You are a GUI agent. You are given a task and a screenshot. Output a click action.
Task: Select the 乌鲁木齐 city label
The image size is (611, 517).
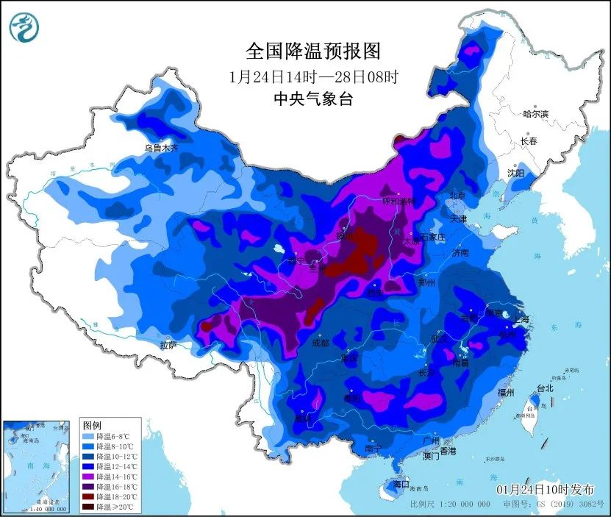click(161, 148)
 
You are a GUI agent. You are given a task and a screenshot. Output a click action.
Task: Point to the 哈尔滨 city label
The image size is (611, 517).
click(535, 114)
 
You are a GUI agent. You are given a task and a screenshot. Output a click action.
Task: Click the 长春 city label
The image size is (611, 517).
click(529, 140)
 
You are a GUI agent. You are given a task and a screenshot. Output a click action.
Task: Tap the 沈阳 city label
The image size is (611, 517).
click(515, 173)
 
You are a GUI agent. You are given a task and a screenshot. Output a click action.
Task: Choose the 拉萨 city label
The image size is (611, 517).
click(168, 345)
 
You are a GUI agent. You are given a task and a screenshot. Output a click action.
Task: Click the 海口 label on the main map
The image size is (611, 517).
click(400, 485)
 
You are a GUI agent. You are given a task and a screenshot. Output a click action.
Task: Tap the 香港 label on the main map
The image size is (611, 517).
click(448, 450)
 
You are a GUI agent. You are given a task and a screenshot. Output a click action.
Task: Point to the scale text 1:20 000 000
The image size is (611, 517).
click(464, 504)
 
